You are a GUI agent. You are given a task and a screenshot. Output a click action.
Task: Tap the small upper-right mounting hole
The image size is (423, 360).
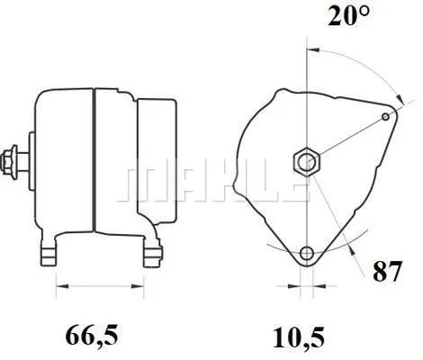click(386, 116)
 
